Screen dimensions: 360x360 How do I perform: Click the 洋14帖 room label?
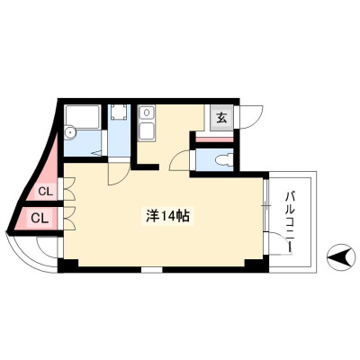167,216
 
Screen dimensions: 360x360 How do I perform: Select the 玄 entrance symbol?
221,118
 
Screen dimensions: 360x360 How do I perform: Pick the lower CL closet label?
40,218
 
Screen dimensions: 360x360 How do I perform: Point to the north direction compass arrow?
340,257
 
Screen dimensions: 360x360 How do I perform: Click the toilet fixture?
223,159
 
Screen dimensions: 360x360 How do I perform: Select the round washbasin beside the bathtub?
69,132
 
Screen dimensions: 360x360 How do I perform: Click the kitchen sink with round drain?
147,113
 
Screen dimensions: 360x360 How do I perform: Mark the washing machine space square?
119,112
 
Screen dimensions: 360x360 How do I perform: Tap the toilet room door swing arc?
179,161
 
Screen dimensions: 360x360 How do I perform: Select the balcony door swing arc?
280,244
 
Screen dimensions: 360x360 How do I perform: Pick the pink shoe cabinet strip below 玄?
214,139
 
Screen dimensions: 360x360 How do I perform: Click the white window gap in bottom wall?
152,269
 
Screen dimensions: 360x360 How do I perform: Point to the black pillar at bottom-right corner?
256,265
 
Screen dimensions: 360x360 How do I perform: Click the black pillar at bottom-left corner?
67,265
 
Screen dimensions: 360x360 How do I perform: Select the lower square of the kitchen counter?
147,131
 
